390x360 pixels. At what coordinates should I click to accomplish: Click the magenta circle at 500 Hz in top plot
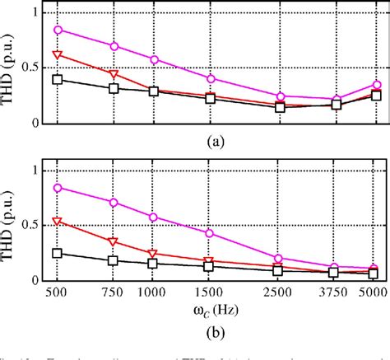[57, 30]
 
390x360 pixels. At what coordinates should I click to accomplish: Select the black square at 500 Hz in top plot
[57, 79]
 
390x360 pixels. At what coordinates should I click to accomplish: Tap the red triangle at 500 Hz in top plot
[57, 55]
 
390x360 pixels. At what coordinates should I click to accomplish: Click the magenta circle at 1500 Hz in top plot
[210, 79]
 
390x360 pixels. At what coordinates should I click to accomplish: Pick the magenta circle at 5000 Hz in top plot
[376, 85]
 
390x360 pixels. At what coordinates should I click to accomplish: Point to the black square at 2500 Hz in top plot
[280, 107]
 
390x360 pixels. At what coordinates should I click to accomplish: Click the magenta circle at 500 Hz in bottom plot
[57, 188]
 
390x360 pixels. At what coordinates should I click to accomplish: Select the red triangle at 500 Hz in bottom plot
[57, 222]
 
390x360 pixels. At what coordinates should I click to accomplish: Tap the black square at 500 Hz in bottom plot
[57, 253]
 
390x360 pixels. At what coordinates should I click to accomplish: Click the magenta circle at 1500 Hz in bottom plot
[210, 233]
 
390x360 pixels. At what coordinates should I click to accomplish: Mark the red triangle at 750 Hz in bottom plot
[114, 242]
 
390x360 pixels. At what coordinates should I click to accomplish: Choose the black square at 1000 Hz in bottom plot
[153, 264]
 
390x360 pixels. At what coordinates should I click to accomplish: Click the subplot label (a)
[216, 141]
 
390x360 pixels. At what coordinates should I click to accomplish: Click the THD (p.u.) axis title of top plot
[11, 67]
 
